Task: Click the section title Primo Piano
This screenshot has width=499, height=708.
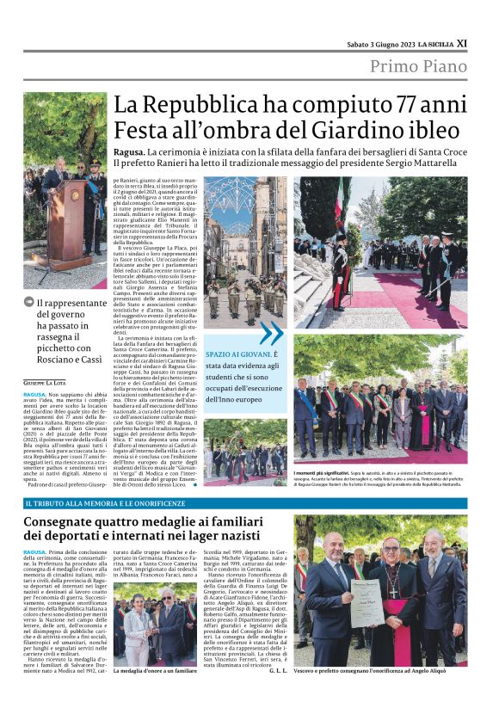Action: tap(418, 67)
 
